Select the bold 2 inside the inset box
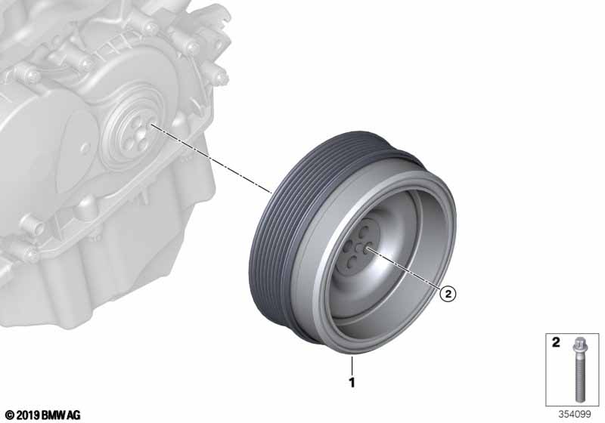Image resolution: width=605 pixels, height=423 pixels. [556, 342]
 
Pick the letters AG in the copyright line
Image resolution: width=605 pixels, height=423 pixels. [72, 415]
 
